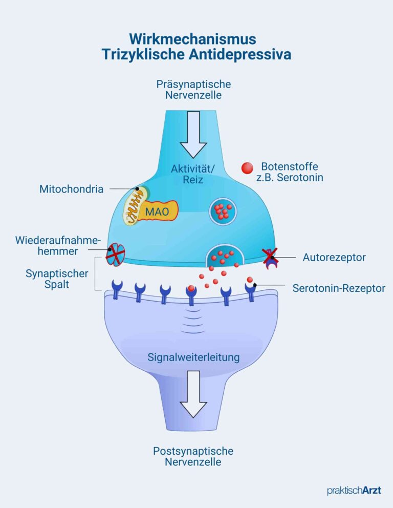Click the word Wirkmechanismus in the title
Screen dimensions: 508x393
coord(192,39)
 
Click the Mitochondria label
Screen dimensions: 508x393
coord(71,189)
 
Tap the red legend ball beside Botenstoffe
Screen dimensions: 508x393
coord(248,168)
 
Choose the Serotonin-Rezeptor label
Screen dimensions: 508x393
coord(339,288)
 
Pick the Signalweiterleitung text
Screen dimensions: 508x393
coord(193,357)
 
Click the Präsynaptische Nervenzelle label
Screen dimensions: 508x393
coord(193,90)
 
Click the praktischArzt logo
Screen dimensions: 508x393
coord(354,491)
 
